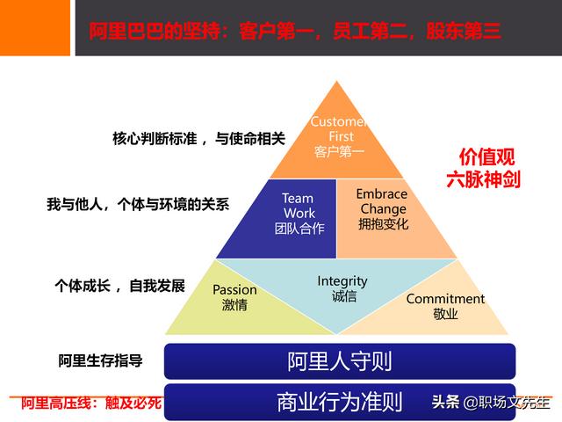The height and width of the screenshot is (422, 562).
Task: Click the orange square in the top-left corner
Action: pyautogui.click(x=34, y=26)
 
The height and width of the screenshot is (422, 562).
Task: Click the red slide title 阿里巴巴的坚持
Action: pyautogui.click(x=295, y=32)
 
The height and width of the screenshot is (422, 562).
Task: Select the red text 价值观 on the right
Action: pyautogui.click(x=482, y=157)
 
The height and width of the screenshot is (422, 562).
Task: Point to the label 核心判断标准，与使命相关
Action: pyautogui.click(x=198, y=138)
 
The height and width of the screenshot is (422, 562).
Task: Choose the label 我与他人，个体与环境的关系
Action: pyautogui.click(x=138, y=204)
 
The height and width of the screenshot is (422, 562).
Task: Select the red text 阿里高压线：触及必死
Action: pyautogui.click(x=91, y=404)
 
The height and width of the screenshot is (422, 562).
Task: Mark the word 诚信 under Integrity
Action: pyautogui.click(x=343, y=297)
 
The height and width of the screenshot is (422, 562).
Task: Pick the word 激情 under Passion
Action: pyautogui.click(x=234, y=305)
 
